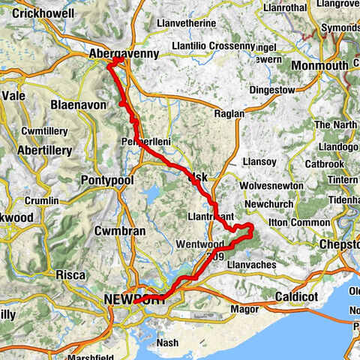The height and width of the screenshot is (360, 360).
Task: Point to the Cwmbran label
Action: [x=120, y=231]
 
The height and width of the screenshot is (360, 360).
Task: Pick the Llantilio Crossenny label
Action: [x=216, y=46]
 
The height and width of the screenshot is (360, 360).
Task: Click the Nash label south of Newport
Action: [x=169, y=342]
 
